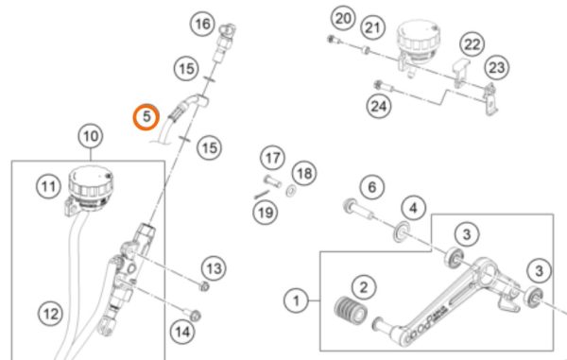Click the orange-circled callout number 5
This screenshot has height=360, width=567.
pyautogui.click(x=146, y=117)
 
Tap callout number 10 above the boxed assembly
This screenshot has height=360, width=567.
pyautogui.click(x=91, y=137)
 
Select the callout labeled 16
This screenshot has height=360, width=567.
pyautogui.click(x=202, y=24)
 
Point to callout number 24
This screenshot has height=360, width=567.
pyautogui.click(x=379, y=106)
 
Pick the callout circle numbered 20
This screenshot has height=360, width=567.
pyautogui.click(x=343, y=18)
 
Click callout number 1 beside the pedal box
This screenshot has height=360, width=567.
pyautogui.click(x=296, y=300)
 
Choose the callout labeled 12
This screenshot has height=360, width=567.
pyautogui.click(x=50, y=314)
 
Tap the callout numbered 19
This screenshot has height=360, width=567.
pyautogui.click(x=266, y=213)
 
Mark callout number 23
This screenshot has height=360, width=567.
pyautogui.click(x=496, y=68)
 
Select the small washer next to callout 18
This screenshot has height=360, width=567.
pyautogui.click(x=290, y=191)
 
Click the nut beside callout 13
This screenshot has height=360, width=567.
pyautogui.click(x=204, y=286)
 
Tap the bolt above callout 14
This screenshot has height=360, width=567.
pyautogui.click(x=193, y=314)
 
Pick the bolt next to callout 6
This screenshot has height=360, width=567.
pyautogui.click(x=358, y=210)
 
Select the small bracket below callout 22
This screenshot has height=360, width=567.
pyautogui.click(x=460, y=74)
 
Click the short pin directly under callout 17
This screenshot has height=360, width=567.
pyautogui.click(x=273, y=180)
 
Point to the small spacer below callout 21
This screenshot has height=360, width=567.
pyautogui.click(x=366, y=49)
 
